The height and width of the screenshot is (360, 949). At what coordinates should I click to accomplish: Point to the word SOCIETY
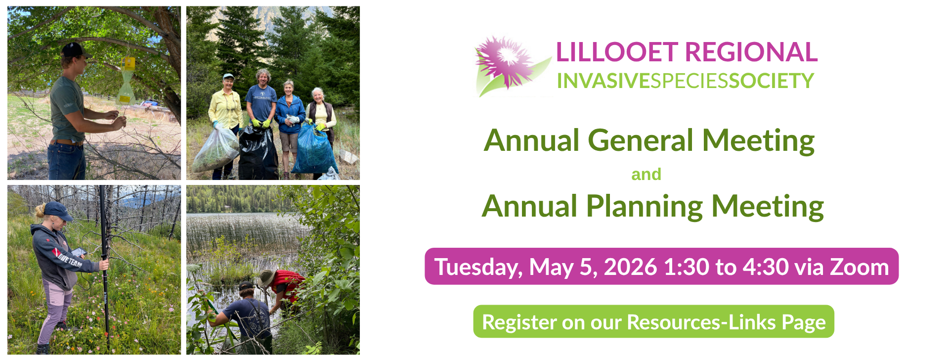(772, 81)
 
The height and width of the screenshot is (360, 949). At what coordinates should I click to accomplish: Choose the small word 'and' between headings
(646, 175)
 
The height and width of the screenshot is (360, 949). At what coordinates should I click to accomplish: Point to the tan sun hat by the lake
(266, 277)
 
